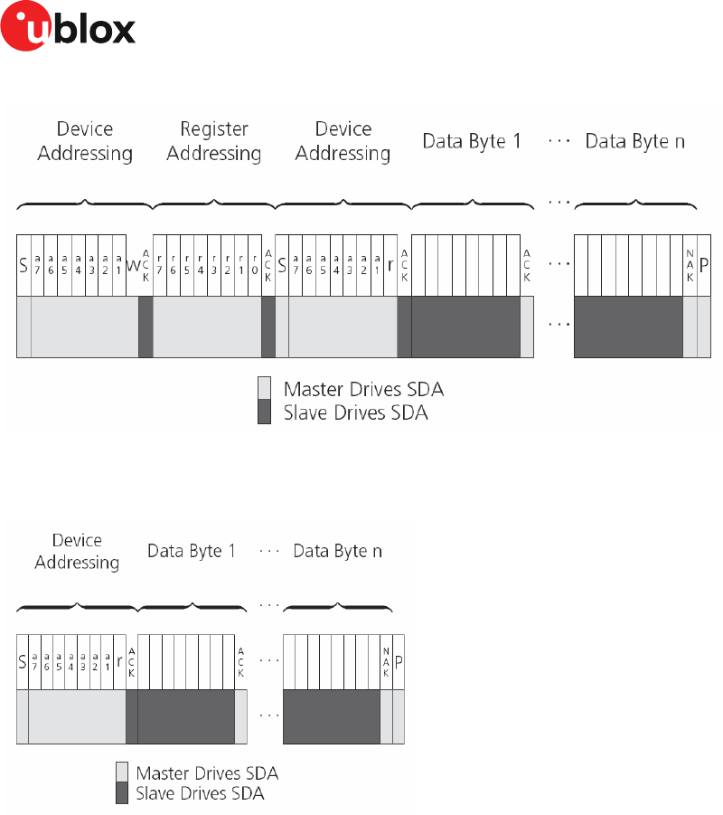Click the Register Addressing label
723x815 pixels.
[x=214, y=142]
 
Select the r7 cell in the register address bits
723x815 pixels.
[x=160, y=266]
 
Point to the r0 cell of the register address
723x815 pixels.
[x=254, y=266]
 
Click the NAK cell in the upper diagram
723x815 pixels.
[x=690, y=266]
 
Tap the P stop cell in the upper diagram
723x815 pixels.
[x=705, y=266]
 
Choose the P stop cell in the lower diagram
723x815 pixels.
[x=399, y=662]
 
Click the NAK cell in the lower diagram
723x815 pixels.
[x=386, y=662]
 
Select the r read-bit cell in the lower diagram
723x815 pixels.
[x=119, y=662]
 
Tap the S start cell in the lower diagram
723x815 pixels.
[x=23, y=662]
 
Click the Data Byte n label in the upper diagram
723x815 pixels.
[x=634, y=142]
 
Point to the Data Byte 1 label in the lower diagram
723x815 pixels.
[x=192, y=551]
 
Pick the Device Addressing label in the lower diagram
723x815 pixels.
[x=77, y=551]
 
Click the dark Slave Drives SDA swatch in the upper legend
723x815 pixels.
[x=264, y=413]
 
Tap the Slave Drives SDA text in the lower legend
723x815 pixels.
[x=200, y=793]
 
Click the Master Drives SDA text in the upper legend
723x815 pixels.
[x=363, y=390]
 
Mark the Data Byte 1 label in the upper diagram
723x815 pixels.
[x=472, y=142]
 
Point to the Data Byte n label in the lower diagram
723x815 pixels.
[x=338, y=551]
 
